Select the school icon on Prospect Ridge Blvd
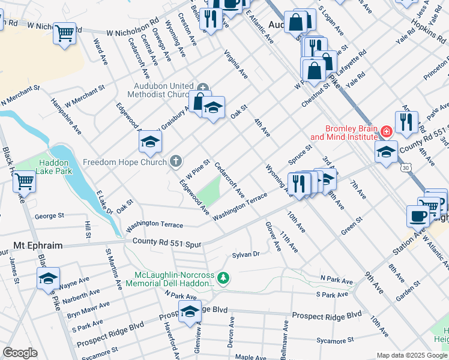(x=190, y=311)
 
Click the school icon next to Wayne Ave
(x=49, y=278)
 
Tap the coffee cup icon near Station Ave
(x=417, y=215)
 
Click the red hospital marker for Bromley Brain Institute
(x=386, y=131)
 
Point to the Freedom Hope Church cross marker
(x=175, y=161)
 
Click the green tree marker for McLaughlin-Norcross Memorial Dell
(x=223, y=278)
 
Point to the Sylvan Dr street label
(x=246, y=254)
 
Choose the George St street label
(x=49, y=215)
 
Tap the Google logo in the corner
(x=20, y=353)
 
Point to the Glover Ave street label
(x=273, y=236)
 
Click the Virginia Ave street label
(x=236, y=65)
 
